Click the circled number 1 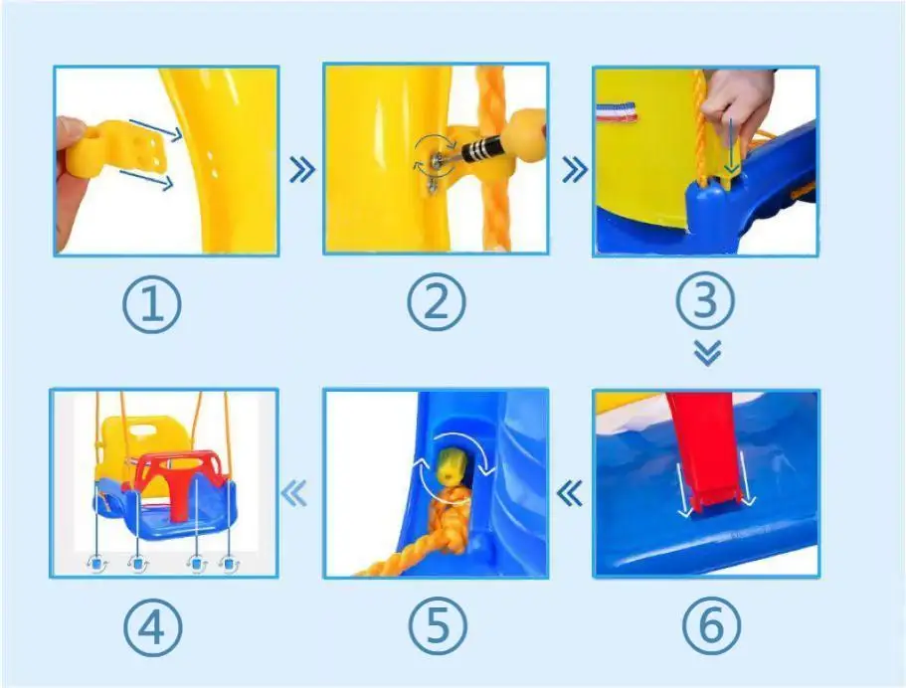click(152, 304)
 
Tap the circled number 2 click(437, 302)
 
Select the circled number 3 click(705, 301)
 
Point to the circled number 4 click(152, 626)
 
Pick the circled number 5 click(438, 625)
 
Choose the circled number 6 click(711, 625)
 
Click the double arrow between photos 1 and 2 click(302, 170)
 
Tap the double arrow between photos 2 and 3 click(575, 169)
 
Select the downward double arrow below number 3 click(707, 353)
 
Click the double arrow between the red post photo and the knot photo click(570, 494)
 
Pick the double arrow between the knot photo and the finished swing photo click(294, 494)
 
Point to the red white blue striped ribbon click(617, 111)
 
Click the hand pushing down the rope click(737, 108)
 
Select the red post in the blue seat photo click(704, 449)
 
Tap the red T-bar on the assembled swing click(179, 479)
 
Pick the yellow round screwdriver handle click(523, 134)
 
